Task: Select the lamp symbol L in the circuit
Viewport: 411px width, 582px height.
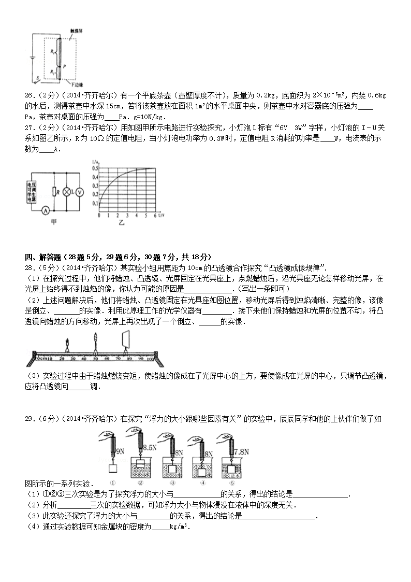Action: pos(66,191)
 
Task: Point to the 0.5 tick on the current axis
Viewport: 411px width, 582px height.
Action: pos(95,168)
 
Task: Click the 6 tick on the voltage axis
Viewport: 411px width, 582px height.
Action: pos(154,215)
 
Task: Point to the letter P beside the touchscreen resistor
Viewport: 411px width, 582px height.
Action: pos(64,66)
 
